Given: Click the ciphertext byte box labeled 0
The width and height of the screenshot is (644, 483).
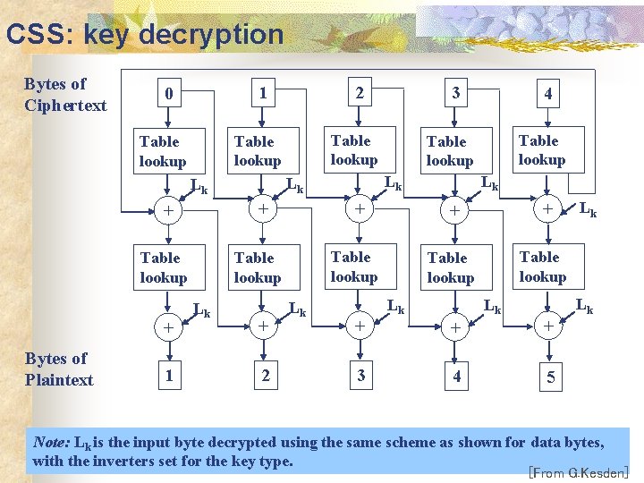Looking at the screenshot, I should pos(168,94).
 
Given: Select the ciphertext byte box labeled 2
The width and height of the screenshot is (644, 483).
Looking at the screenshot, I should pos(360,93).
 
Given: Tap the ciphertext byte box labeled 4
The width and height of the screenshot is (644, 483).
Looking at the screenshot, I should pos(547,93).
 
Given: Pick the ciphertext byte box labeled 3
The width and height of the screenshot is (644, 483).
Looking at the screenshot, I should pos(455,93).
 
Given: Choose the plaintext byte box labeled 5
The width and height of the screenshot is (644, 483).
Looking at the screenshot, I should pos(549,377).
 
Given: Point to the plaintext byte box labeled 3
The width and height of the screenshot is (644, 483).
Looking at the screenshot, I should pos(360,376).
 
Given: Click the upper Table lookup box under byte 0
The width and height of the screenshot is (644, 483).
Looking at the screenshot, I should pos(162,151).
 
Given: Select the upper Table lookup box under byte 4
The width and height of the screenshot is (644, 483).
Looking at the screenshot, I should pos(541,150).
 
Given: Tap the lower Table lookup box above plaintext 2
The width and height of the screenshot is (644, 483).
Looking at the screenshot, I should pos(258,267).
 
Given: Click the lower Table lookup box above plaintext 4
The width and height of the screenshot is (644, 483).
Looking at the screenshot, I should pos(450,267).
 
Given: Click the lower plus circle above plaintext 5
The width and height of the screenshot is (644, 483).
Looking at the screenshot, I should pos(547,326).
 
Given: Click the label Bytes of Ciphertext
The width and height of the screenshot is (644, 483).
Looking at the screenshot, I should pos(65,95).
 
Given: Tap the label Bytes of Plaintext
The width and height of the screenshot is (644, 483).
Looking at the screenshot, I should pos(59,369).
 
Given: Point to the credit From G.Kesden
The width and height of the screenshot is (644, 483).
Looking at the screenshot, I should pos(580,472).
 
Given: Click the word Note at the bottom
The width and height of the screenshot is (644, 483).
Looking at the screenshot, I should pos(49,442).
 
